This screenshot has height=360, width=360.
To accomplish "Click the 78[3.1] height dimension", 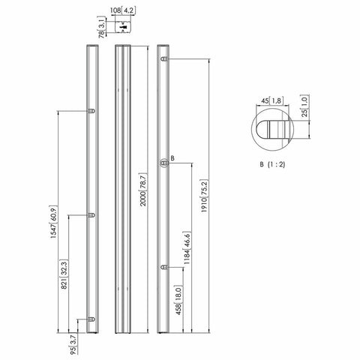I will click(101, 28).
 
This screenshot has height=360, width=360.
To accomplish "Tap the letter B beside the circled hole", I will click(172, 159).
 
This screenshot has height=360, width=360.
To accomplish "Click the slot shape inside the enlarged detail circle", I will click(274, 126).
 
